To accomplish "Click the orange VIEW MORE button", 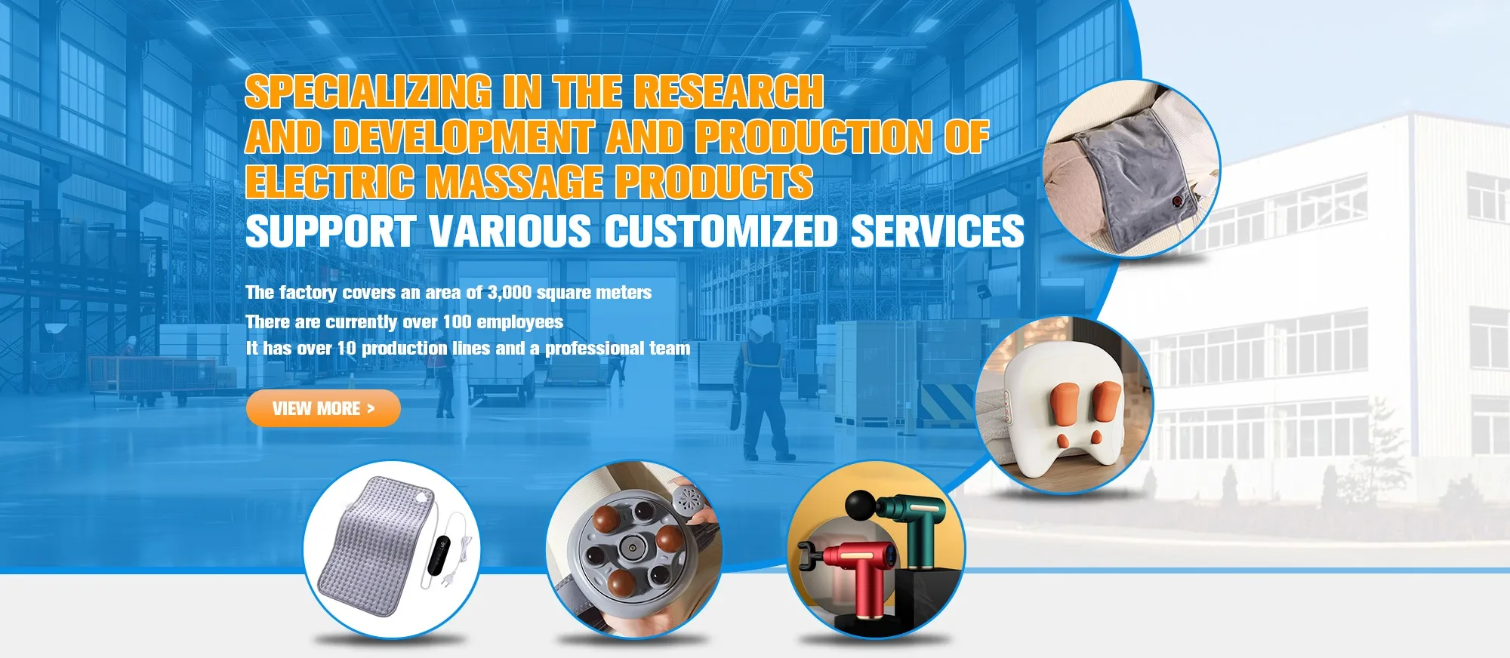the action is coord(323,408).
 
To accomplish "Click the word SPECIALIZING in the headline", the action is coord(368,92).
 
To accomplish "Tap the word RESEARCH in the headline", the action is coord(728,92).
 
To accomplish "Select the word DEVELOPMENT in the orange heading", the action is coord(463,137).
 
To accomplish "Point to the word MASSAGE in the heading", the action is coord(513,183).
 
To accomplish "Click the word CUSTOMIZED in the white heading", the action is coord(721,231).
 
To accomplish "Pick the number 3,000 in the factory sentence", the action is coord(510,293).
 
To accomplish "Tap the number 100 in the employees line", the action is coord(457,322).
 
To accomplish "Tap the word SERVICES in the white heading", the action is coord(937,231).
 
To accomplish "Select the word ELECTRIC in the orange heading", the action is coord(329,183).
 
